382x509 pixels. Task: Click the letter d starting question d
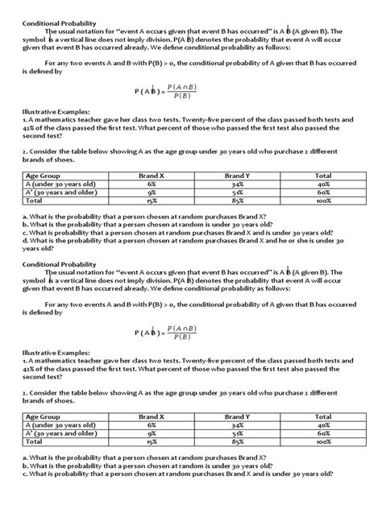pyautogui.click(x=25, y=239)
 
